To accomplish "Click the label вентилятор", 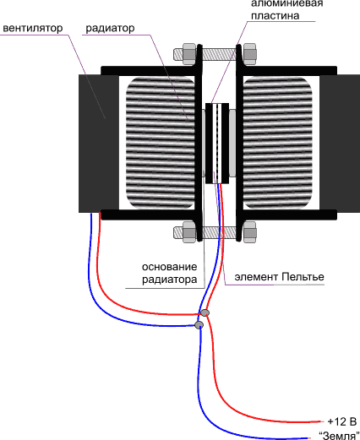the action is [33, 28].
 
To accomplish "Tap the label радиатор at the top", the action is [110, 29].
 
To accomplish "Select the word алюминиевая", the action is [286, 3].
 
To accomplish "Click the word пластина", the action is [275, 15].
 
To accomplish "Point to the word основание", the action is [169, 267].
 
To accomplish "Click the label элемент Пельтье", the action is [279, 277].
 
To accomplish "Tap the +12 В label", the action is [342, 421].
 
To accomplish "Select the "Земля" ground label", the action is [339, 435].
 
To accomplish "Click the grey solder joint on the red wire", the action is [205, 312].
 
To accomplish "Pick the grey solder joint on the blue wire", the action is [199, 324].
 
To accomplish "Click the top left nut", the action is [189, 54].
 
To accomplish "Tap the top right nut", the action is [249, 54].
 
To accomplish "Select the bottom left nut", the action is [189, 232].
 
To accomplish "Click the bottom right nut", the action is [249, 232].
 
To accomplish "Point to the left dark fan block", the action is [99, 144].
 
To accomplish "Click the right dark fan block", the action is [340, 144].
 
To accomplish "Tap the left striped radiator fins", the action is [161, 143].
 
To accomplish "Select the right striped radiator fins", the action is [277, 143].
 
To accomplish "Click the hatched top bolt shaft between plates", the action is [219, 54].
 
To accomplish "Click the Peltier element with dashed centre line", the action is [217, 144].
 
